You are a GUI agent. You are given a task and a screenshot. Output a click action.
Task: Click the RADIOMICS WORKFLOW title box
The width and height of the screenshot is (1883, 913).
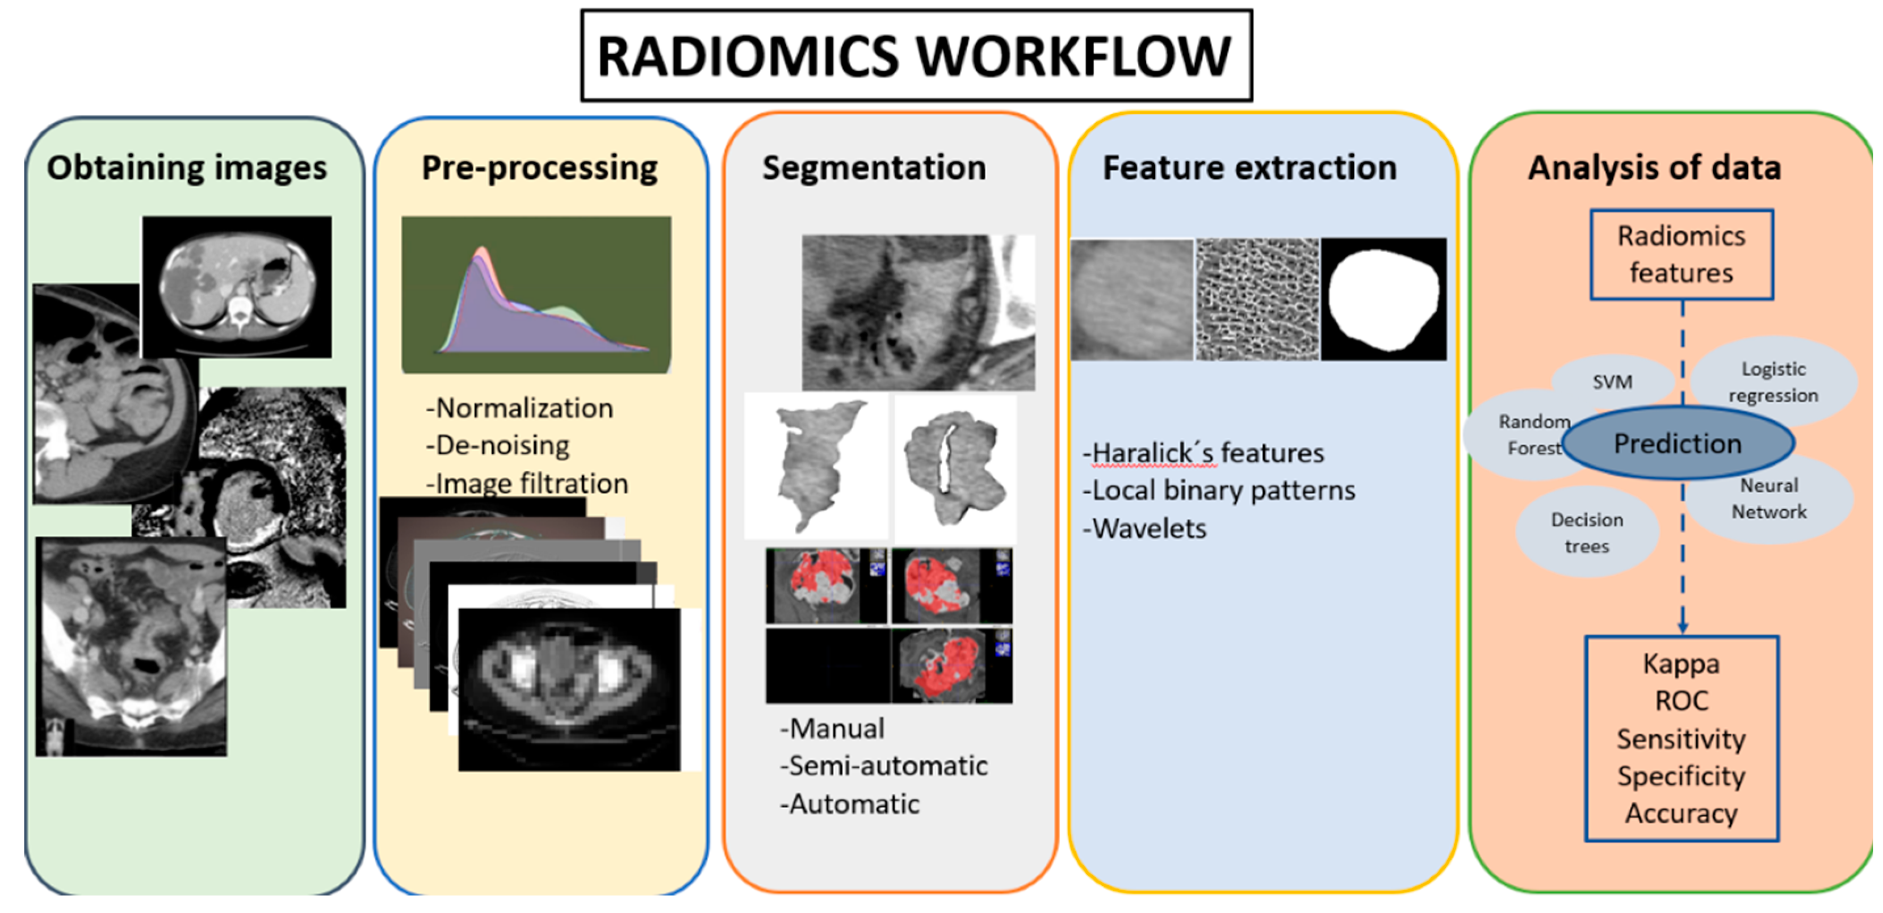(915, 56)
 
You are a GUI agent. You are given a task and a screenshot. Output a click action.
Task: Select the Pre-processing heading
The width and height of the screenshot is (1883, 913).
(539, 167)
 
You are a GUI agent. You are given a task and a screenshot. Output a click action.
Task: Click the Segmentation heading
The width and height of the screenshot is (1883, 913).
(874, 167)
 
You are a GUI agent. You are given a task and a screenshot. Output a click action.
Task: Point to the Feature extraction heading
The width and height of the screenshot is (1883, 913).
(1249, 167)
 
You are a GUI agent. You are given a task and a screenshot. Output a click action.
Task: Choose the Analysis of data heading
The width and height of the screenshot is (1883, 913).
(1654, 167)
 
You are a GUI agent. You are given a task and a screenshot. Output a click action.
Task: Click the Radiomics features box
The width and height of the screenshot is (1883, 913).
(1681, 254)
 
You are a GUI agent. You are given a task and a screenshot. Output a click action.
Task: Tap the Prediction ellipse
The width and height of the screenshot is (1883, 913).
(1677, 443)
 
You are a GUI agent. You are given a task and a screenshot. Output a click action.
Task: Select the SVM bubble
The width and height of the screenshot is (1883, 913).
(1612, 382)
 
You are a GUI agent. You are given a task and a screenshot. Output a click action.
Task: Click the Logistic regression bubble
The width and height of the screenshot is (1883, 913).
(1773, 382)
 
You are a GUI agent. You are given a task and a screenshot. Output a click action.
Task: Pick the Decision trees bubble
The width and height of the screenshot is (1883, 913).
(1587, 533)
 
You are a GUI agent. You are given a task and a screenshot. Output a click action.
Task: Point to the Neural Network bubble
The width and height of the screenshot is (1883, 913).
(1769, 499)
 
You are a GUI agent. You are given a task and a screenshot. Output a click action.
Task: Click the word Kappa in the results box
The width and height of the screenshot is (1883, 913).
(1681, 664)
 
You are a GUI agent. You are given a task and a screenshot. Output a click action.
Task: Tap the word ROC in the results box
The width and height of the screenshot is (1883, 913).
(1681, 701)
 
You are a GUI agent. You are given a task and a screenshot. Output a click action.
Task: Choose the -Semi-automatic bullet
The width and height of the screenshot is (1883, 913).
(884, 765)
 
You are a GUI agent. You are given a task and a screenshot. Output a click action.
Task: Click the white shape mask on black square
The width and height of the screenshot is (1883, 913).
(1383, 299)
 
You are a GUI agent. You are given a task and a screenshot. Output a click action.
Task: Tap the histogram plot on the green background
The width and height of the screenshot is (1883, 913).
(536, 295)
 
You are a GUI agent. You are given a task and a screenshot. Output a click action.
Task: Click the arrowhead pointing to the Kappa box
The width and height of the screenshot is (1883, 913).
(1683, 627)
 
